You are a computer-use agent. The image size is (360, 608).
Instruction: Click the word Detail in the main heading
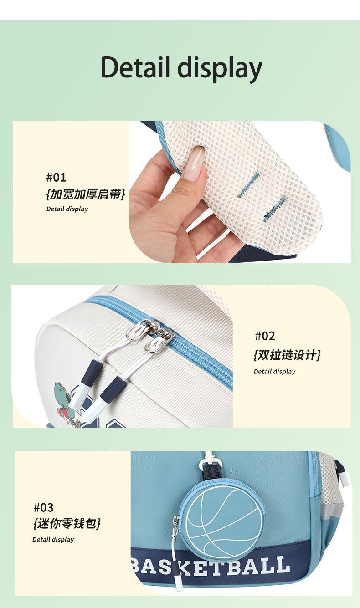coord(135,67)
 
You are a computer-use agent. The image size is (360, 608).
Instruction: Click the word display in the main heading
coord(220,69)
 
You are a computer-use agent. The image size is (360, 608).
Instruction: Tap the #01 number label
coord(56,178)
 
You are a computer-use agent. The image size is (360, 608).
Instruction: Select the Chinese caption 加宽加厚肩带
coord(86,194)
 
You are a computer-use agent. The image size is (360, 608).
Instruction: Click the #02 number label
coord(265,336)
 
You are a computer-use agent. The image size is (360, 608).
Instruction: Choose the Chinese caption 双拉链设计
coord(287,355)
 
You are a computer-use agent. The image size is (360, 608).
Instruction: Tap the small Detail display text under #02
coord(274,372)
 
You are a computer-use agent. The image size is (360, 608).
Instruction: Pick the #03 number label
coord(43,507)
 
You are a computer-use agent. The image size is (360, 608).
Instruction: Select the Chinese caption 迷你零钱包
coord(67,523)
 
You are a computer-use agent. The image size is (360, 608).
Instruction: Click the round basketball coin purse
coord(223,520)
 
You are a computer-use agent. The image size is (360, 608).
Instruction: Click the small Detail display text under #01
coord(67,209)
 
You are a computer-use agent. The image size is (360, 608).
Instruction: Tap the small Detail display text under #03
coord(53,540)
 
